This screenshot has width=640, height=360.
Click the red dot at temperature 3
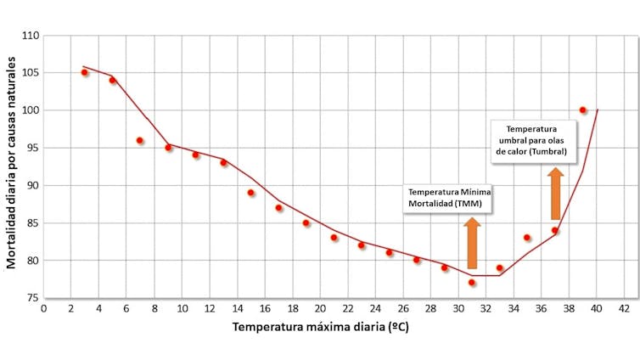click(x=85, y=72)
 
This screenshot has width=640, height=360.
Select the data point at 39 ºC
click(x=582, y=110)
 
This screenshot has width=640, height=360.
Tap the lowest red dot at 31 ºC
click(x=472, y=283)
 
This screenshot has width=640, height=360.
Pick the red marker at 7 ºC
click(x=140, y=140)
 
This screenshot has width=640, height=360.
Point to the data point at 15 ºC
click(x=251, y=193)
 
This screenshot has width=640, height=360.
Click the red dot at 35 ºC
click(x=527, y=238)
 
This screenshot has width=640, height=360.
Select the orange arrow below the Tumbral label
click(x=555, y=194)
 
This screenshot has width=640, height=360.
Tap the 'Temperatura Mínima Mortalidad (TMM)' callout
click(x=448, y=199)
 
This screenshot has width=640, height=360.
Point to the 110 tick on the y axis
click(x=30, y=36)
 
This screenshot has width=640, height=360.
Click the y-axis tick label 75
click(x=31, y=298)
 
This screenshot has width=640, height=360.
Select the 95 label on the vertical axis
click(x=31, y=148)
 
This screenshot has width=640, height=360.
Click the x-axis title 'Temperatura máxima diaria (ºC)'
click(x=320, y=327)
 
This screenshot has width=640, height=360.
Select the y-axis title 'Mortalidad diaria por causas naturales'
click(x=12, y=161)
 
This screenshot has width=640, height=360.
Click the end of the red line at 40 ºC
click(x=598, y=110)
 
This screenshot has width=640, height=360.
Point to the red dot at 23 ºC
click(x=362, y=245)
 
